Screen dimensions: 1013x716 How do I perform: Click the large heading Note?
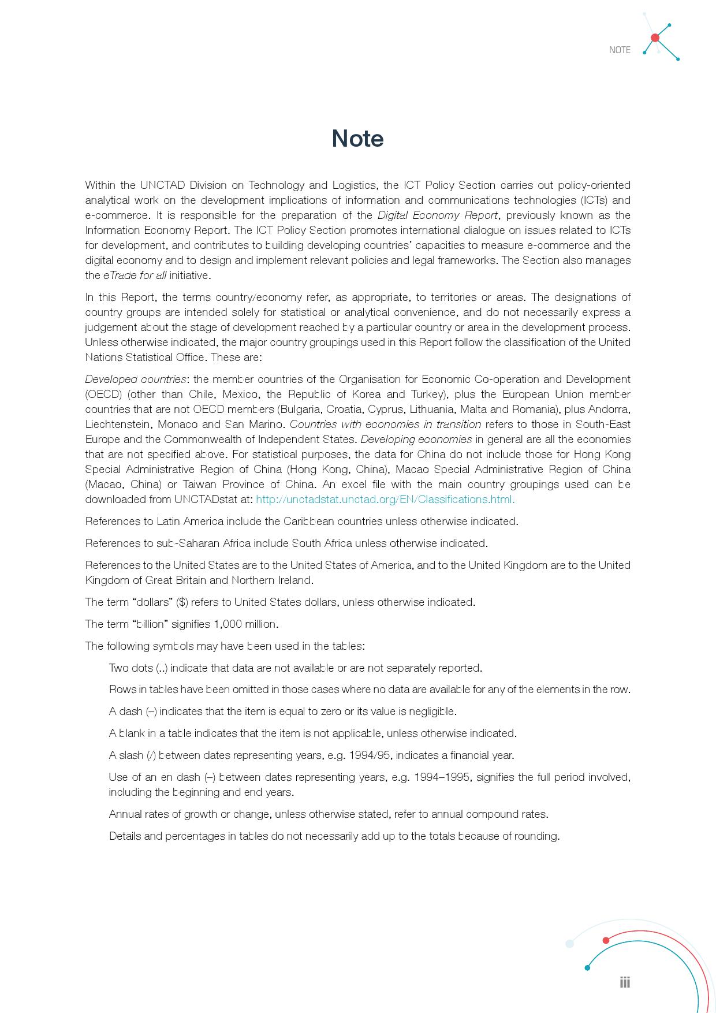point(357,139)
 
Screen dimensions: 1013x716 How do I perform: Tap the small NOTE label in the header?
point(620,50)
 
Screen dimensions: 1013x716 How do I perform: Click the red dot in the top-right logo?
point(655,38)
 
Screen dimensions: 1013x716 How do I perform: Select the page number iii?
point(625,982)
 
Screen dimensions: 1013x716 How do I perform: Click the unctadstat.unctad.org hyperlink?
point(385,500)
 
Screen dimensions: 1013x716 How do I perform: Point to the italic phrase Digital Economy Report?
point(437,215)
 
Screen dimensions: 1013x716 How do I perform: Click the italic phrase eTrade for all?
point(135,275)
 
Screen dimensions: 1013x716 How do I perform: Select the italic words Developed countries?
point(136,379)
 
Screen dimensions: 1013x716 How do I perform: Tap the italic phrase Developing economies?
point(416,440)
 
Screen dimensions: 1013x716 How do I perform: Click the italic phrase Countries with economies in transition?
point(385,424)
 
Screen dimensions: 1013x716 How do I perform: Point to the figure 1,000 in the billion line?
point(229,624)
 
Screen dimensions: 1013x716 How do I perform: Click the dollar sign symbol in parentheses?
point(182,602)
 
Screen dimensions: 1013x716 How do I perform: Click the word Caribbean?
point(308,522)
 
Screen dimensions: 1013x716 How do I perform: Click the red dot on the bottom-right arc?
point(606,940)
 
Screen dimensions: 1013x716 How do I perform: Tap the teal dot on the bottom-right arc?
point(587,968)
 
